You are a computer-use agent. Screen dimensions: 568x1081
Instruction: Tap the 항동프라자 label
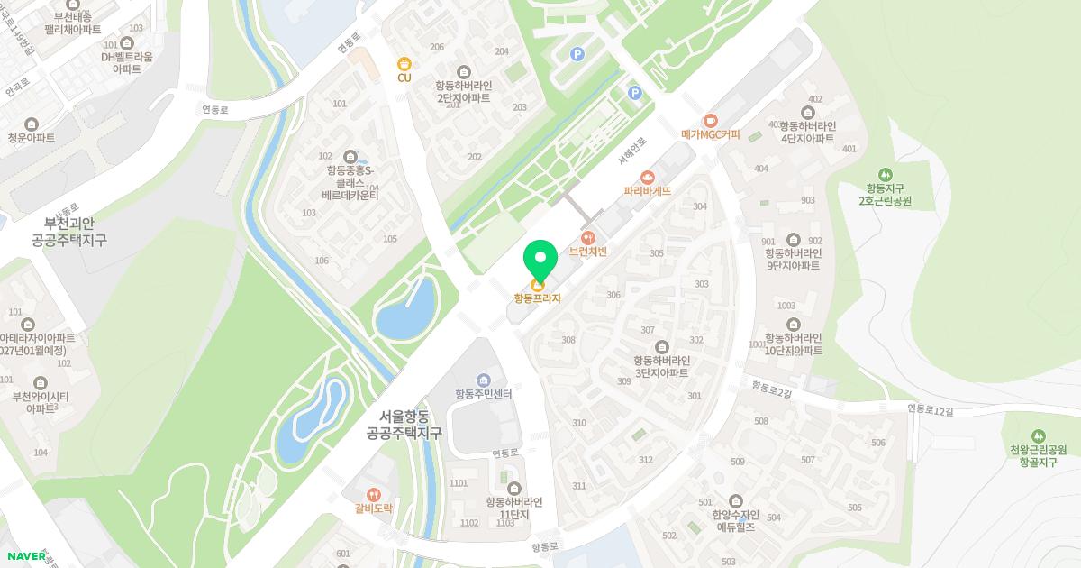coord(538,298)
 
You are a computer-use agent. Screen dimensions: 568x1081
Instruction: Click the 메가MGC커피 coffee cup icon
coord(710,120)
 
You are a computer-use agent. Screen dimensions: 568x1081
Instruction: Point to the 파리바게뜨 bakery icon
coord(647,177)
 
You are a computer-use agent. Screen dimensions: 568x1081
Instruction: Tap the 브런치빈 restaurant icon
coord(587,237)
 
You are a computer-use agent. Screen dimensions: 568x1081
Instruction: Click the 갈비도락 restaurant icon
coord(373,494)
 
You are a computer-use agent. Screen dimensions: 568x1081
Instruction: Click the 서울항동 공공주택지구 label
coord(404,425)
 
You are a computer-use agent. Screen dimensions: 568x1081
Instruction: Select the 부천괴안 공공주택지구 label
coord(68,232)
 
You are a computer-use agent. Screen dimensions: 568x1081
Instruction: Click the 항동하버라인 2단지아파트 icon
coord(464,72)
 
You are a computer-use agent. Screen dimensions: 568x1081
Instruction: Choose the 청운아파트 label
coord(32,138)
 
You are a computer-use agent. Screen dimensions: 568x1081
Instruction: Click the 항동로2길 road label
coord(771,388)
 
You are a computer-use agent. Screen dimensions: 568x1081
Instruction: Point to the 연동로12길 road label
coord(929,410)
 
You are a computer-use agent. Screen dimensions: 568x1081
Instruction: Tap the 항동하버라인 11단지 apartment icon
coord(514,489)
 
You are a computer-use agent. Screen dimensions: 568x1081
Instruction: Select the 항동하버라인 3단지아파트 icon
coord(661,347)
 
